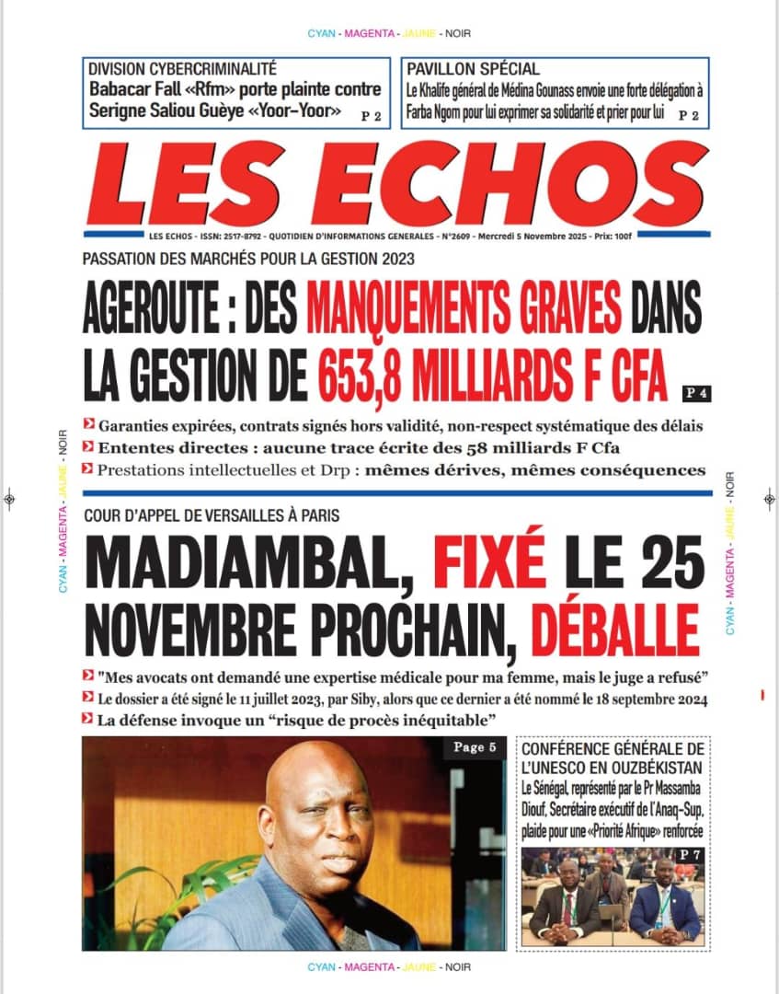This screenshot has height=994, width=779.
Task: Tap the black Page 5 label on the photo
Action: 475,747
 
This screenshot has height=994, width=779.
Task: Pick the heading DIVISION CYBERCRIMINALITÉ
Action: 182,69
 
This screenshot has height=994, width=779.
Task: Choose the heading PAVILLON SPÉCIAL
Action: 473,69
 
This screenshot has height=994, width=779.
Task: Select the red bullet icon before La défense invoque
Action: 87,717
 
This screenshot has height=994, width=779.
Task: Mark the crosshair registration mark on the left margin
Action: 9,498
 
